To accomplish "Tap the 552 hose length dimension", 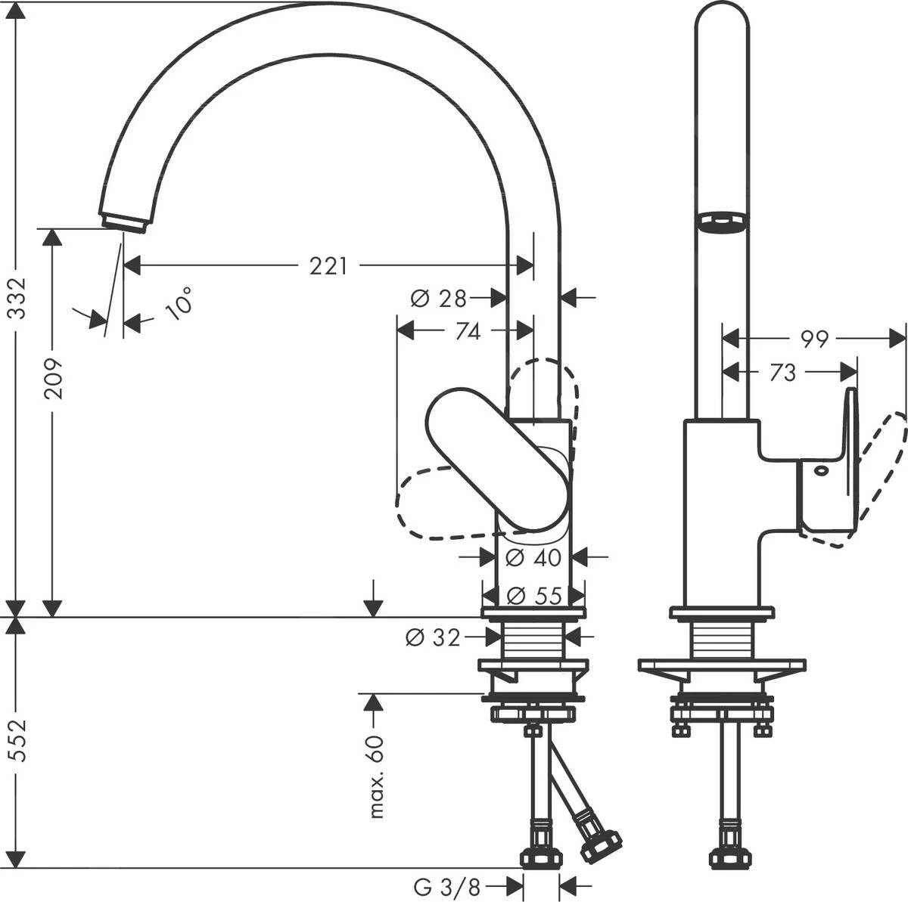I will click(x=17, y=742).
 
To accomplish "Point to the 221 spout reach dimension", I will click(x=328, y=266).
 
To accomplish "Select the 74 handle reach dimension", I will click(x=468, y=331).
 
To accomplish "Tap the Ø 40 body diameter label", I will click(x=533, y=558).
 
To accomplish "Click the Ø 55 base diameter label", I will click(x=533, y=596).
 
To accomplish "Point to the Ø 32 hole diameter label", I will click(x=433, y=638).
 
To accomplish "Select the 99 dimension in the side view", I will click(x=814, y=339).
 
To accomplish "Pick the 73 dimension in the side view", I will click(x=784, y=372).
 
